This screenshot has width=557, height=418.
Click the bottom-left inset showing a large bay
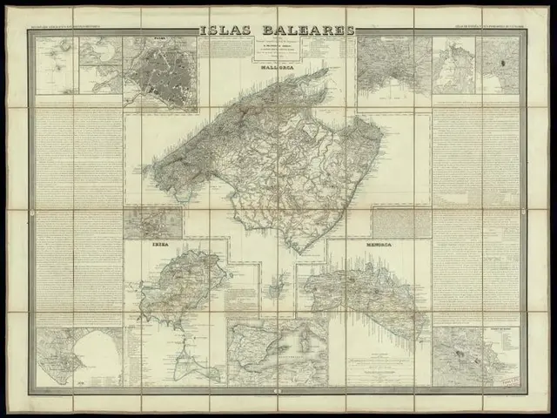point(78,357)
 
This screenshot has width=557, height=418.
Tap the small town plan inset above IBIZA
point(152,222)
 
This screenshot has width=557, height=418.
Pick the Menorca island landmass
point(366,292)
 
